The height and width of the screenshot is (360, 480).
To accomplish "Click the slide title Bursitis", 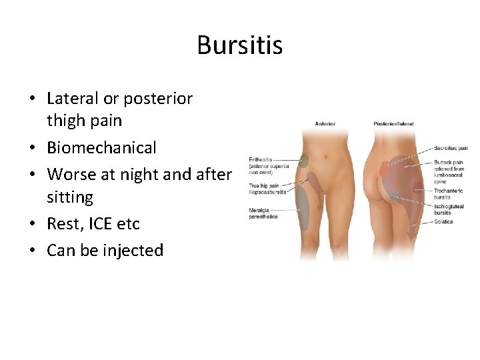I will (239, 45).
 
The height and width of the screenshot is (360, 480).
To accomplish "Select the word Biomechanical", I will (101, 147).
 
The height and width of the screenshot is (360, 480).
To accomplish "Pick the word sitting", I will (70, 197).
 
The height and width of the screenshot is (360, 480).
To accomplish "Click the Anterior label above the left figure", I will (325, 123).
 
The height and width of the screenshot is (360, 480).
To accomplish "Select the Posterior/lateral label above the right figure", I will (393, 123).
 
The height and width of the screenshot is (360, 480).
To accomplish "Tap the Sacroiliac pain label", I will (451, 148).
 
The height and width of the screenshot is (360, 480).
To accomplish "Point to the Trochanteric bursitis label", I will (447, 193).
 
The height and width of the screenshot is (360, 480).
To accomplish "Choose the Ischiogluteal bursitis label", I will (448, 209).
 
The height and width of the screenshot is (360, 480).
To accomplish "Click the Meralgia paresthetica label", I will (263, 213).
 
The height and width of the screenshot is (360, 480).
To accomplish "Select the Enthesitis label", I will (261, 159).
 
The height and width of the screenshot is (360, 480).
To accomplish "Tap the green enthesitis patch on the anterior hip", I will (303, 161).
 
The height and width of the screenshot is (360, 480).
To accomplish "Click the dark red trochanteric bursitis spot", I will (417, 193).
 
